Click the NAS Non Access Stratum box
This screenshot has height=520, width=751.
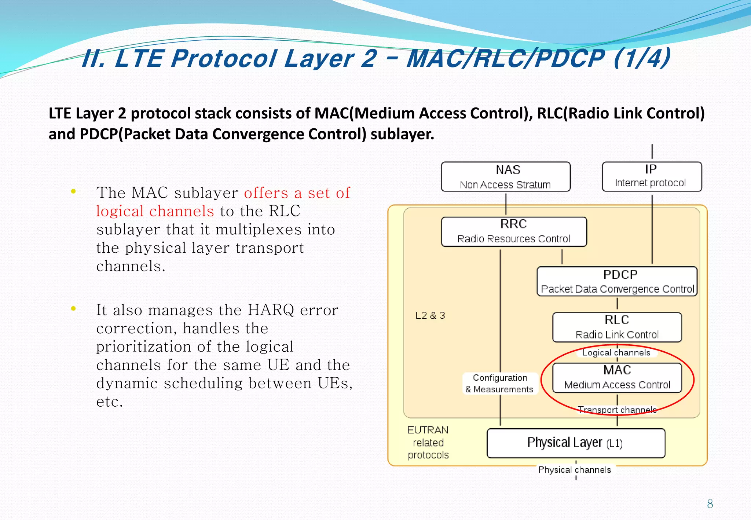pos(506,177)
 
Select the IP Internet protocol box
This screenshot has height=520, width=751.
pos(652,176)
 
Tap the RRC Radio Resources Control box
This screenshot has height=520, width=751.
pos(514,231)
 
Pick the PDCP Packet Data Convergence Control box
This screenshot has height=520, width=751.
pos(617,281)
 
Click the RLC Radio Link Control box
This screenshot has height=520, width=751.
pos(617,327)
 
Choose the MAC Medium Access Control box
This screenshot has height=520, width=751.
pos(617,377)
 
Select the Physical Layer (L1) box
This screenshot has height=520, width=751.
pos(576,443)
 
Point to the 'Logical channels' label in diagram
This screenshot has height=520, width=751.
pos(616,352)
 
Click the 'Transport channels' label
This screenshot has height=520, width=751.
pos(617,410)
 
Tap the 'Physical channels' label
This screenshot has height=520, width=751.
pos(575,470)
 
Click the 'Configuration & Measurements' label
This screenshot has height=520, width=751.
pos(499,383)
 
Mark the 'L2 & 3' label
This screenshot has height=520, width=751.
pos(430,315)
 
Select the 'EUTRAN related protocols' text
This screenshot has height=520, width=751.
pos(428,442)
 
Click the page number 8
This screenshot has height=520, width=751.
pos(710,504)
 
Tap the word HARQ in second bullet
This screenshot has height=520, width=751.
pos(271,310)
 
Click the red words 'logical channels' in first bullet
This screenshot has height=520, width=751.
pos(155,211)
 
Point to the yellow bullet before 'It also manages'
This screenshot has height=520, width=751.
pos(73,308)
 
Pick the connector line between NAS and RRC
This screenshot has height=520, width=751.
pos(506,204)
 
